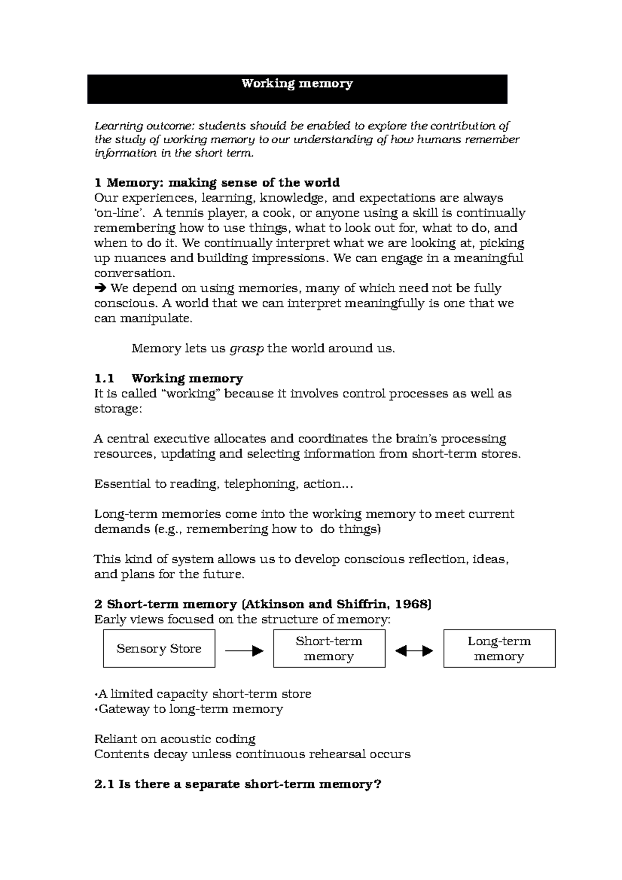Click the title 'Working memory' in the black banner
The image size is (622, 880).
(x=297, y=83)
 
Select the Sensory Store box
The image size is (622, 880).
(x=159, y=648)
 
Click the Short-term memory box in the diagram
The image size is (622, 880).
(x=329, y=648)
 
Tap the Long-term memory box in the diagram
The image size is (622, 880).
(x=499, y=648)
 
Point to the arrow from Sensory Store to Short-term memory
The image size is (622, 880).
(x=244, y=651)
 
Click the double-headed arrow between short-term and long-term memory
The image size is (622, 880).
(x=414, y=651)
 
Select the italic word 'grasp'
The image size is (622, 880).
(x=246, y=349)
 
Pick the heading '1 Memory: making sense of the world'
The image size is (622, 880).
(x=217, y=182)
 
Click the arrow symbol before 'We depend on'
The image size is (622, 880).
(x=100, y=288)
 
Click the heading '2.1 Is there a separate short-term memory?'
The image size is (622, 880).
(x=237, y=784)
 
